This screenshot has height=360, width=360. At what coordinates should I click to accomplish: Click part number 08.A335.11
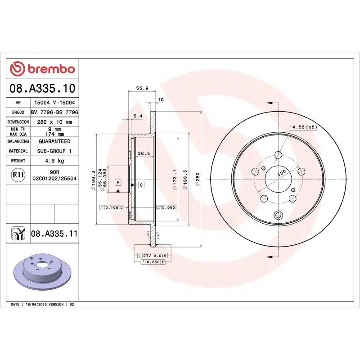(54, 234)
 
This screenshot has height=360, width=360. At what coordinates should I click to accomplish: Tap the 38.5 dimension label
(144, 153)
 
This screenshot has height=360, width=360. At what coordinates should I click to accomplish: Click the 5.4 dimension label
(138, 116)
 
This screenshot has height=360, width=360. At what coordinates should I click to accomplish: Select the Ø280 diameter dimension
(197, 180)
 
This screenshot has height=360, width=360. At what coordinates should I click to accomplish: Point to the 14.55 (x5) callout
(303, 127)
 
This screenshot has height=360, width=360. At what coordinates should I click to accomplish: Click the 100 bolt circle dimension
(282, 173)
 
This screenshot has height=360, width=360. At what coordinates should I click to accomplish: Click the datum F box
(118, 182)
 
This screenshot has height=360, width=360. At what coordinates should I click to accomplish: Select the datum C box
(141, 185)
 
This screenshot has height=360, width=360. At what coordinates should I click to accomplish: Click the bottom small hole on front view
(278, 215)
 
